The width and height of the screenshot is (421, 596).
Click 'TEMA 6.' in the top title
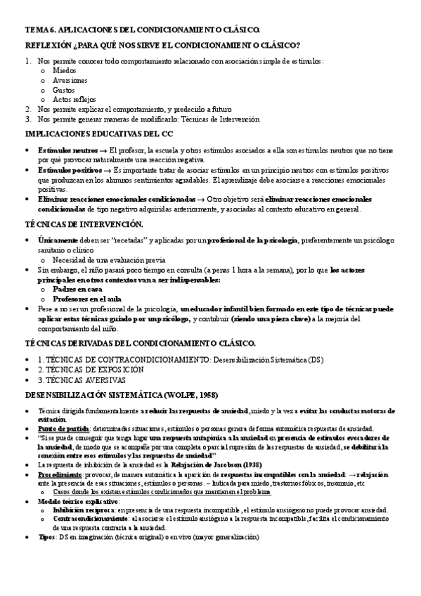pyautogui.click(x=41, y=30)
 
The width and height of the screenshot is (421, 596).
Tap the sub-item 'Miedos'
pyautogui.click(x=65, y=71)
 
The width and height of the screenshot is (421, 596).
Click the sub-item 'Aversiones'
pyautogui.click(x=70, y=81)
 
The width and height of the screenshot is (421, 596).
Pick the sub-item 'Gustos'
pyautogui.click(x=65, y=91)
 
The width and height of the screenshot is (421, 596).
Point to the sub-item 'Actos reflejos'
pyautogui.click(x=75, y=100)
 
